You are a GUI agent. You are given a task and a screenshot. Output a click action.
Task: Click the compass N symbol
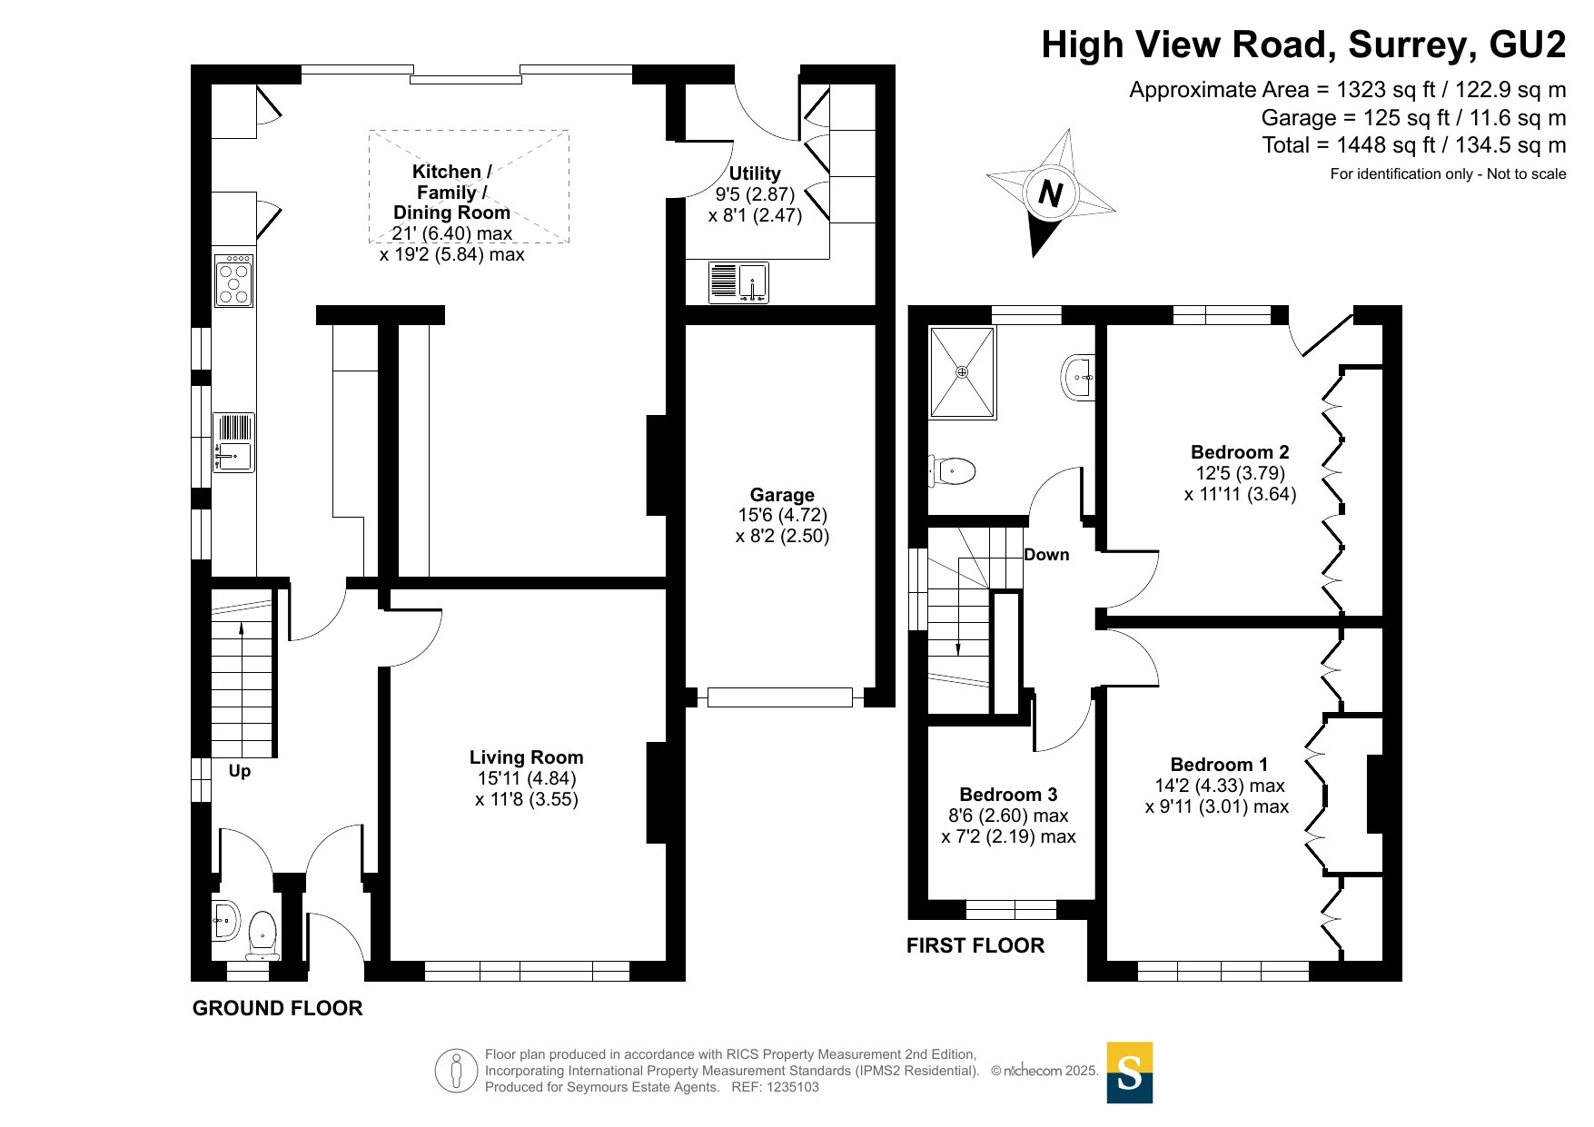click(x=1051, y=193)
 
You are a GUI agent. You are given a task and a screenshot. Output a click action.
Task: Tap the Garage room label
click(x=782, y=495)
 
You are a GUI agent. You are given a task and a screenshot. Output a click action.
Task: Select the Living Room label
click(x=527, y=757)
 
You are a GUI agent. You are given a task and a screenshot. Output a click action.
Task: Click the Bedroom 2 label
click(x=1240, y=452)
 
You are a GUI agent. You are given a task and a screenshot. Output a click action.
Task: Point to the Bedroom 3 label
click(x=1008, y=795)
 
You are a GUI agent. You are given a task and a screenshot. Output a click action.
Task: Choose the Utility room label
click(x=755, y=173)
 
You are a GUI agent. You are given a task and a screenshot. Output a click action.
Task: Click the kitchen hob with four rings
click(x=234, y=281)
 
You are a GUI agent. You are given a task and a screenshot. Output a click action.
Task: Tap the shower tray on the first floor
click(x=962, y=372)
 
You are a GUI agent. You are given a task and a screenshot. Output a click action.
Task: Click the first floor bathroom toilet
click(x=951, y=471)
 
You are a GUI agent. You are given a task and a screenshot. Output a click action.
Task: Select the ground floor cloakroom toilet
click(x=262, y=934)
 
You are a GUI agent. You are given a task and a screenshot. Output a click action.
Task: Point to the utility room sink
click(x=738, y=282)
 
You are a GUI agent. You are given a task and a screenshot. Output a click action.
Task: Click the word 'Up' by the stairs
click(x=240, y=771)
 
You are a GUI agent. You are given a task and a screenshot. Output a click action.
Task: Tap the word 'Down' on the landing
click(x=1046, y=555)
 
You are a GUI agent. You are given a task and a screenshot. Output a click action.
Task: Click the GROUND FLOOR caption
click(x=278, y=1008)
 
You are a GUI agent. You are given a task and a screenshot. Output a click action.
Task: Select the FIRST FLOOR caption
click(x=975, y=945)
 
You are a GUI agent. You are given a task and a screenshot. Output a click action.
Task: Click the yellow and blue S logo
click(x=1130, y=1073)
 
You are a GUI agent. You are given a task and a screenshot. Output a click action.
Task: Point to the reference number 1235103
click(x=793, y=1087)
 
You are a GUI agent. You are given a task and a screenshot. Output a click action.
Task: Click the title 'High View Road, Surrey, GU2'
click(x=1303, y=44)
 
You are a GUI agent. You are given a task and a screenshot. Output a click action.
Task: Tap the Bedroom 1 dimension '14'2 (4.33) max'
click(x=1220, y=786)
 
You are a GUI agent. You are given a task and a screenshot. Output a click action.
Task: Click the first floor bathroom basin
click(x=1077, y=376)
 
